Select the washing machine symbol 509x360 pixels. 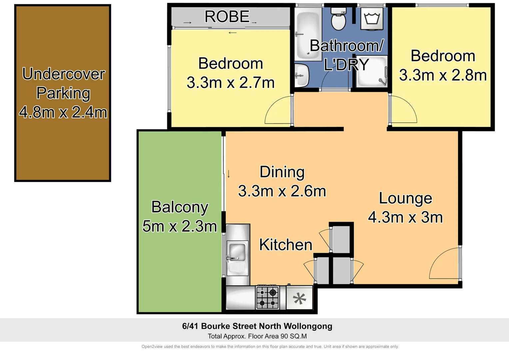[x=372, y=19]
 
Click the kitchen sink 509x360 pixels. [x=237, y=252]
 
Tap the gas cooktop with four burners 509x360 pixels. [x=267, y=298]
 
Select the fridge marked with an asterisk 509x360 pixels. [x=299, y=298]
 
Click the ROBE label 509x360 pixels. [x=227, y=17]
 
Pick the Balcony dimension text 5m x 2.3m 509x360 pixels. [x=180, y=226]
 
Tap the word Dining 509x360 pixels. [x=282, y=172]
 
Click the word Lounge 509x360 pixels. [x=405, y=198]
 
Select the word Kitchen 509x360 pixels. [x=285, y=245]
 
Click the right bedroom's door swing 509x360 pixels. [x=403, y=110]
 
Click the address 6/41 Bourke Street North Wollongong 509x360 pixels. [x=257, y=326]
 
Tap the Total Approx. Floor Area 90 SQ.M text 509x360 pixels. [x=257, y=336]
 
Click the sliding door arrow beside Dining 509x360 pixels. [x=229, y=174]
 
